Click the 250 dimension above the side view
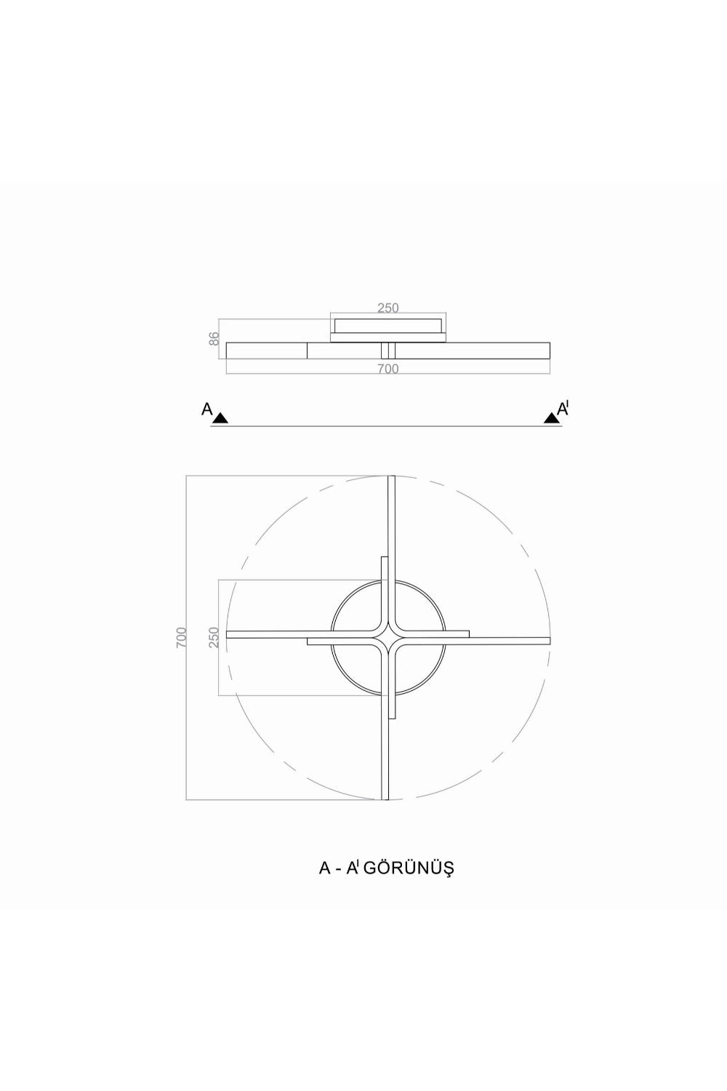tap(388, 308)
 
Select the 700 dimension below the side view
tap(388, 369)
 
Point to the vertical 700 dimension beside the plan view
tap(180, 637)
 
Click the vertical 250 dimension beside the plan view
tap(214, 637)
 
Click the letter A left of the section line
tap(207, 409)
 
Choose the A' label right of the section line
tap(563, 409)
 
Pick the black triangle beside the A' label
tap(551, 417)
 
